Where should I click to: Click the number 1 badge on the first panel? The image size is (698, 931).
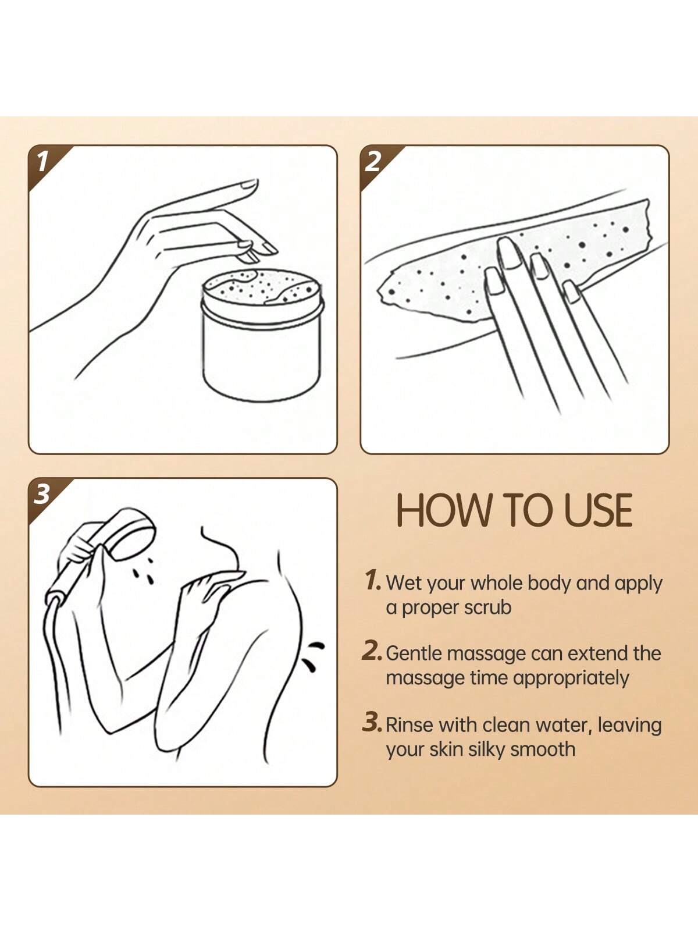42,162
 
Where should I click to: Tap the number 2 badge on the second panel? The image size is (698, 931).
373,162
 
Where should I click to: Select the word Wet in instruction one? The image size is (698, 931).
404,583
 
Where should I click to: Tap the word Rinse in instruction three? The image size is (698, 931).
409,725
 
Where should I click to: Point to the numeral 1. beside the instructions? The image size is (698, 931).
372,580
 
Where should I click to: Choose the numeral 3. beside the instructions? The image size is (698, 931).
372,722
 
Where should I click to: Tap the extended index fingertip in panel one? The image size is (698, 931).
250,183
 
